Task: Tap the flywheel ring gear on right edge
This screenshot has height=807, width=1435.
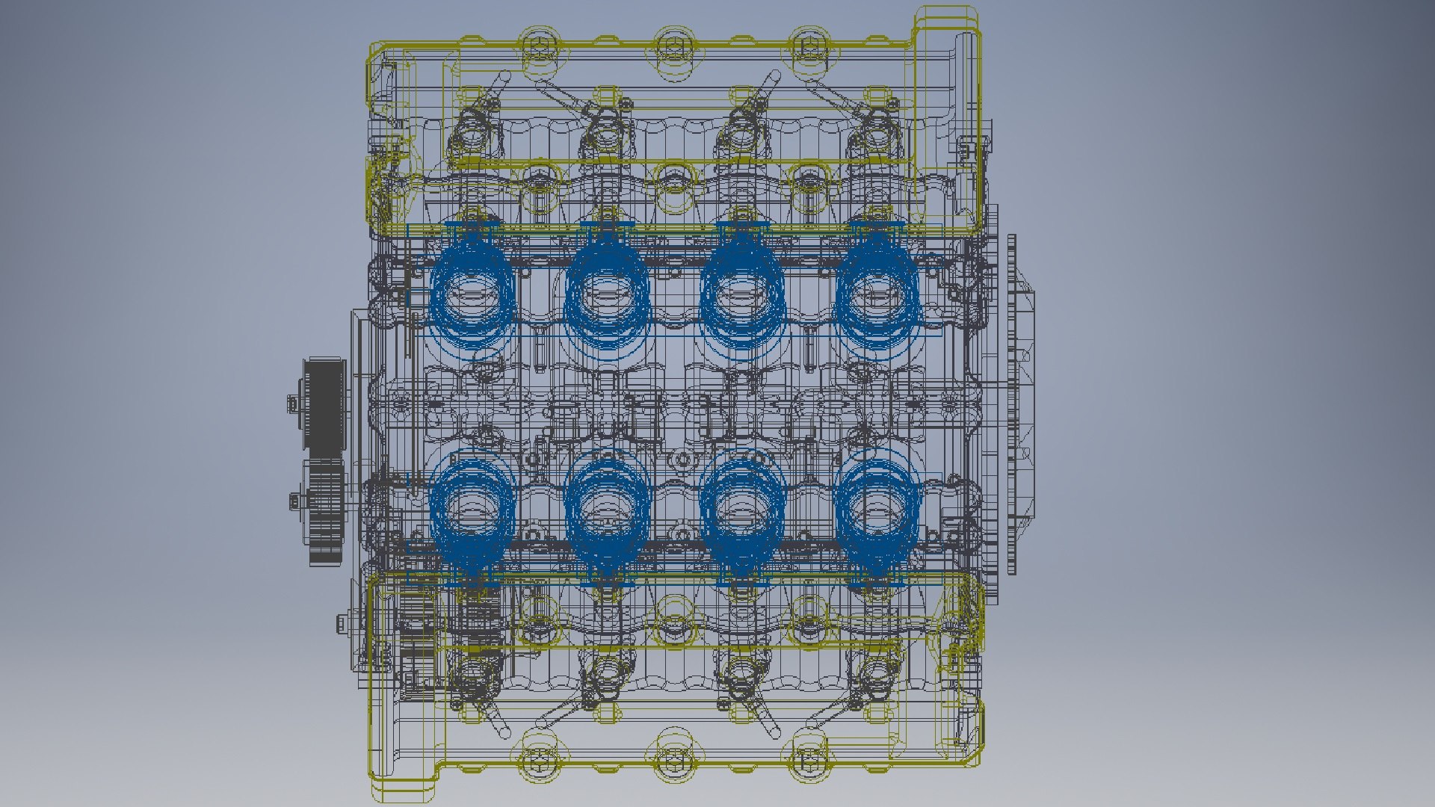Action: (x=1011, y=404)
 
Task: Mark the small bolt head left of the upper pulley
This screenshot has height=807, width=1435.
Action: (x=292, y=404)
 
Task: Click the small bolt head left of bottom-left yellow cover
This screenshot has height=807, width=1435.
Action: (x=342, y=622)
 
